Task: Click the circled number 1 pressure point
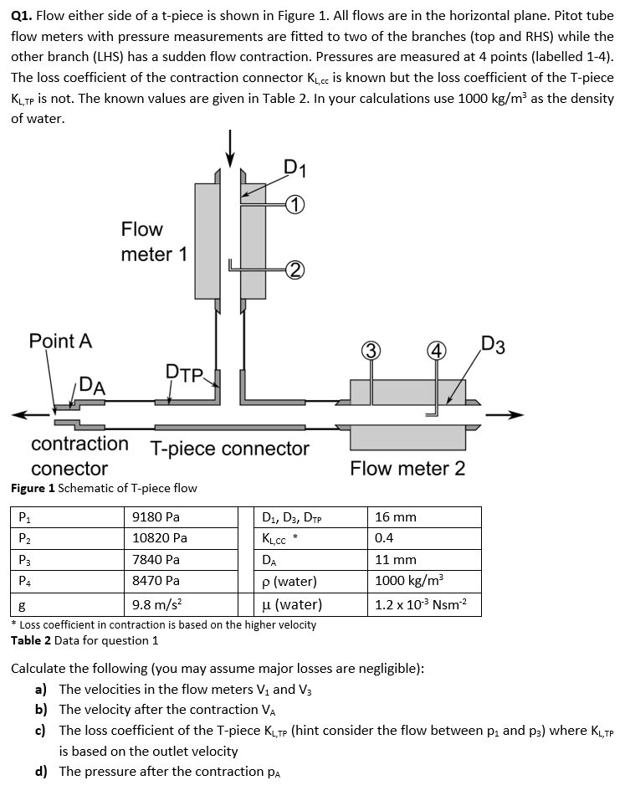pyautogui.click(x=295, y=204)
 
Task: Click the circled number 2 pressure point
pyautogui.click(x=295, y=269)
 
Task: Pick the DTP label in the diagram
pyautogui.click(x=185, y=372)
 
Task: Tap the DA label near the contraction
pyautogui.click(x=91, y=386)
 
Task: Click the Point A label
pyautogui.click(x=60, y=341)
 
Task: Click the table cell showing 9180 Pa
pyautogui.click(x=156, y=517)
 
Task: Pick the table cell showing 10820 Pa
pyautogui.click(x=159, y=538)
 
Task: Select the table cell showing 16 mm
pyautogui.click(x=396, y=517)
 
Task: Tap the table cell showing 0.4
pyautogui.click(x=385, y=538)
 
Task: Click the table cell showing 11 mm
pyautogui.click(x=396, y=559)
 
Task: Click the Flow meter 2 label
pyautogui.click(x=407, y=469)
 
